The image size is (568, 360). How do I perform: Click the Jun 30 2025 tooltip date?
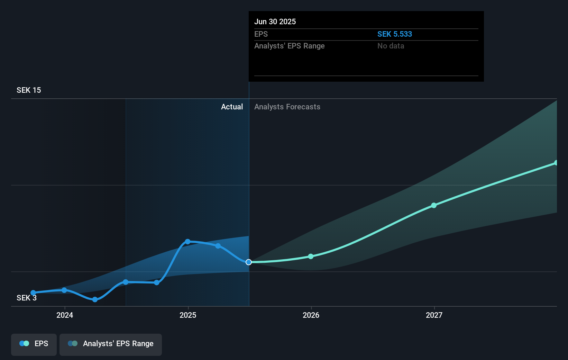pyautogui.click(x=275, y=21)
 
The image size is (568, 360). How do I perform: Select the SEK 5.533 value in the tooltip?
pyautogui.click(x=394, y=34)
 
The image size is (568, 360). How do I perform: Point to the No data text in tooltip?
pyautogui.click(x=391, y=46)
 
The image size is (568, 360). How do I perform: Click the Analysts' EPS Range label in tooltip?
pyautogui.click(x=289, y=46)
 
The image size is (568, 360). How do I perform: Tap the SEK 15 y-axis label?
pyautogui.click(x=29, y=90)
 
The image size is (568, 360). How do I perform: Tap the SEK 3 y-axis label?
pyautogui.click(x=26, y=298)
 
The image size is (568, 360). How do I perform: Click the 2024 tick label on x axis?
pyautogui.click(x=65, y=315)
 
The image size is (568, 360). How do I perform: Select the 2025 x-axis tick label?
pyautogui.click(x=188, y=315)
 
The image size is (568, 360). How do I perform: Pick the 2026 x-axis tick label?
pyautogui.click(x=311, y=315)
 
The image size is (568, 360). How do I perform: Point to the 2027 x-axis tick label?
pyautogui.click(x=434, y=315)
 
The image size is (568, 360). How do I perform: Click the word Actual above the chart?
pyautogui.click(x=232, y=107)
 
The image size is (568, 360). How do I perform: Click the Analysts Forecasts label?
pyautogui.click(x=287, y=107)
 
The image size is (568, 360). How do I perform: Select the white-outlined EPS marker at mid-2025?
pyautogui.click(x=249, y=262)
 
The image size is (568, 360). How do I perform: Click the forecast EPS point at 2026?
pyautogui.click(x=311, y=256)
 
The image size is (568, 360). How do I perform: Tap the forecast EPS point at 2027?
pyautogui.click(x=434, y=205)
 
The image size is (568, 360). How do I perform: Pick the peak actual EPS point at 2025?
pyautogui.click(x=187, y=241)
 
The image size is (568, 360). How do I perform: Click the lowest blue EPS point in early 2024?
pyautogui.click(x=95, y=299)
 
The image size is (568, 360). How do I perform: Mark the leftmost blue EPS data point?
pyautogui.click(x=33, y=292)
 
